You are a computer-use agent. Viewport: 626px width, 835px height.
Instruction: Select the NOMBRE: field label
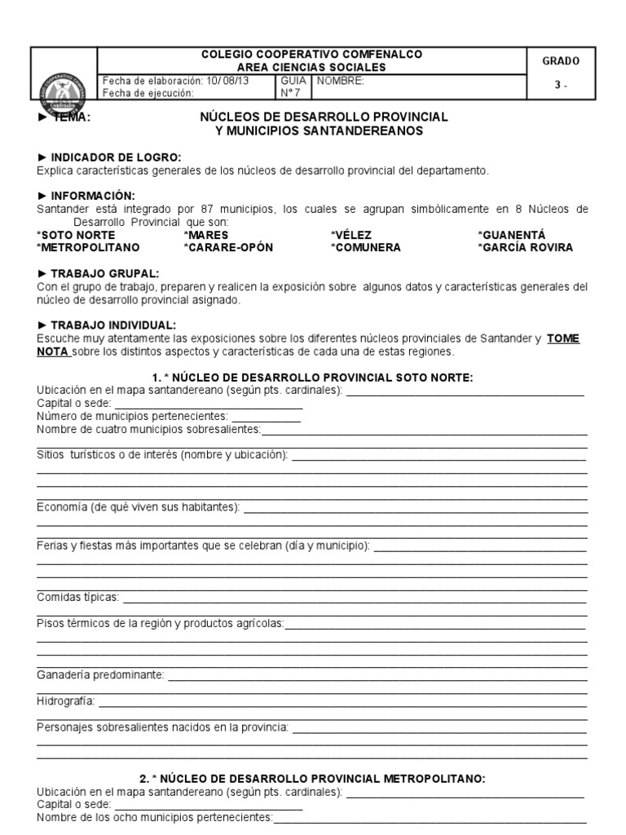[x=341, y=81]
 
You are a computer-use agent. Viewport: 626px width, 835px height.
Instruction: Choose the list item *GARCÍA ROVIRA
[x=525, y=247]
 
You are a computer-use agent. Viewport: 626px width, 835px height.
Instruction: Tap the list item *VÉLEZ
[x=351, y=235]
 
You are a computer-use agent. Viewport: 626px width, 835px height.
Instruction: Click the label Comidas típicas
[x=78, y=597]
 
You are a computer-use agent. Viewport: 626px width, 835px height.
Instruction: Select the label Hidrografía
[x=66, y=700]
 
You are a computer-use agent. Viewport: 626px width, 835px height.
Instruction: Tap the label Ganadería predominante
[x=100, y=675]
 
